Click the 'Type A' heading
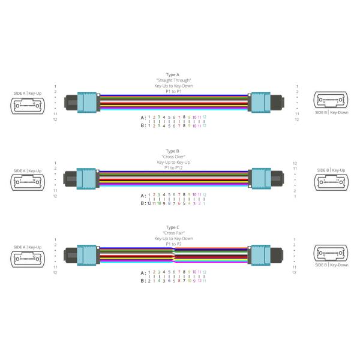tap(173, 74)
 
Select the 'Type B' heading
tap(173, 151)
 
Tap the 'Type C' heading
tap(173, 227)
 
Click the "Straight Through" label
tap(173, 80)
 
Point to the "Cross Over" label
tap(173, 156)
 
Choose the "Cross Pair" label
tap(173, 232)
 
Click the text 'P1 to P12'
tap(173, 167)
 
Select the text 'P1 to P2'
tap(173, 244)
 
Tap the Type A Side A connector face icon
tap(28, 106)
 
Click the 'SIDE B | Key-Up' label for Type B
tap(331, 170)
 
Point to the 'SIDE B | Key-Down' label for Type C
tap(331, 265)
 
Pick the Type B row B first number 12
tap(149, 203)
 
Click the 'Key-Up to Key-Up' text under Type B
tap(173, 162)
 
